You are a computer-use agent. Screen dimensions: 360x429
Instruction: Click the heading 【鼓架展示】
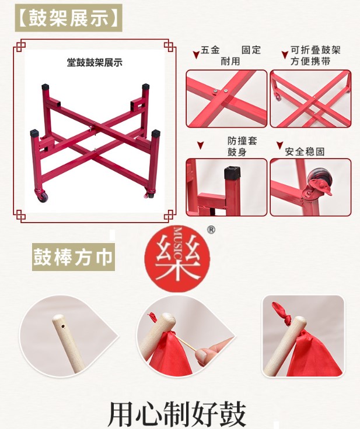click(68, 18)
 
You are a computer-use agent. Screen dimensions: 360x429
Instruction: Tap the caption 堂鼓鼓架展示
click(95, 62)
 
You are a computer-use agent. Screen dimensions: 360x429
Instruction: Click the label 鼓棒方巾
click(73, 257)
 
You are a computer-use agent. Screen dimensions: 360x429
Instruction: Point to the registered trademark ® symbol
click(211, 230)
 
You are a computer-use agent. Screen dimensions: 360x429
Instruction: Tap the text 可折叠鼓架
click(315, 50)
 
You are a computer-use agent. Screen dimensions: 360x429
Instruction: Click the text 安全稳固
click(305, 152)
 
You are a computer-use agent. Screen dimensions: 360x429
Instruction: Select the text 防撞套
click(242, 140)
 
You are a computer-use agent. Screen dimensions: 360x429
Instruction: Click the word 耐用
click(230, 61)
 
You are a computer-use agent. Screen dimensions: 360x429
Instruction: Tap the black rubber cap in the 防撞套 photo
click(233, 173)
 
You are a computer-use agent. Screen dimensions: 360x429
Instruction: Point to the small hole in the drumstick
click(63, 326)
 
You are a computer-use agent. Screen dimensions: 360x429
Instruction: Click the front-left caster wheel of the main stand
click(42, 196)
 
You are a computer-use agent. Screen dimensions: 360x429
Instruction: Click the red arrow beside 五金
click(196, 55)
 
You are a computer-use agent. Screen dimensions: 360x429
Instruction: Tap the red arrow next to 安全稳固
click(279, 145)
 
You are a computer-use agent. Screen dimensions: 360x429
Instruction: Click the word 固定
click(251, 50)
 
